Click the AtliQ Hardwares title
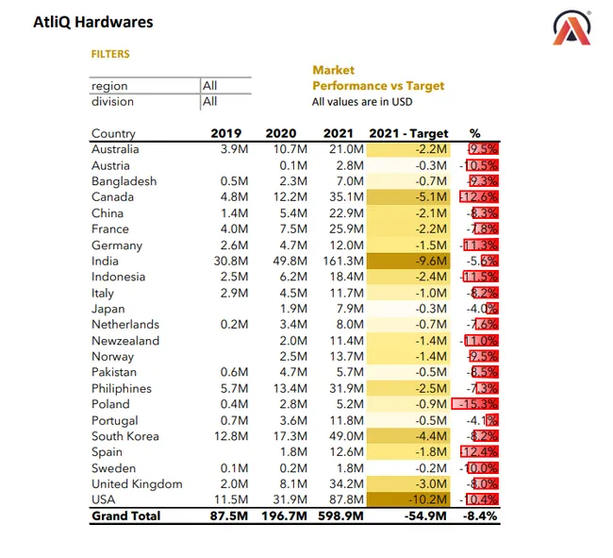(92, 22)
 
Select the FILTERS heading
(110, 55)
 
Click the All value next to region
(209, 86)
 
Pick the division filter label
(112, 101)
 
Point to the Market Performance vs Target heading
(377, 78)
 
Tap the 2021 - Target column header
(408, 134)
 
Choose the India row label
(105, 261)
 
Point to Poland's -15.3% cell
(476, 404)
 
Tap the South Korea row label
(124, 436)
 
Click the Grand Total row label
(125, 516)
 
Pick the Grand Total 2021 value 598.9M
(341, 516)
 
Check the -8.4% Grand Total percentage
(478, 516)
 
